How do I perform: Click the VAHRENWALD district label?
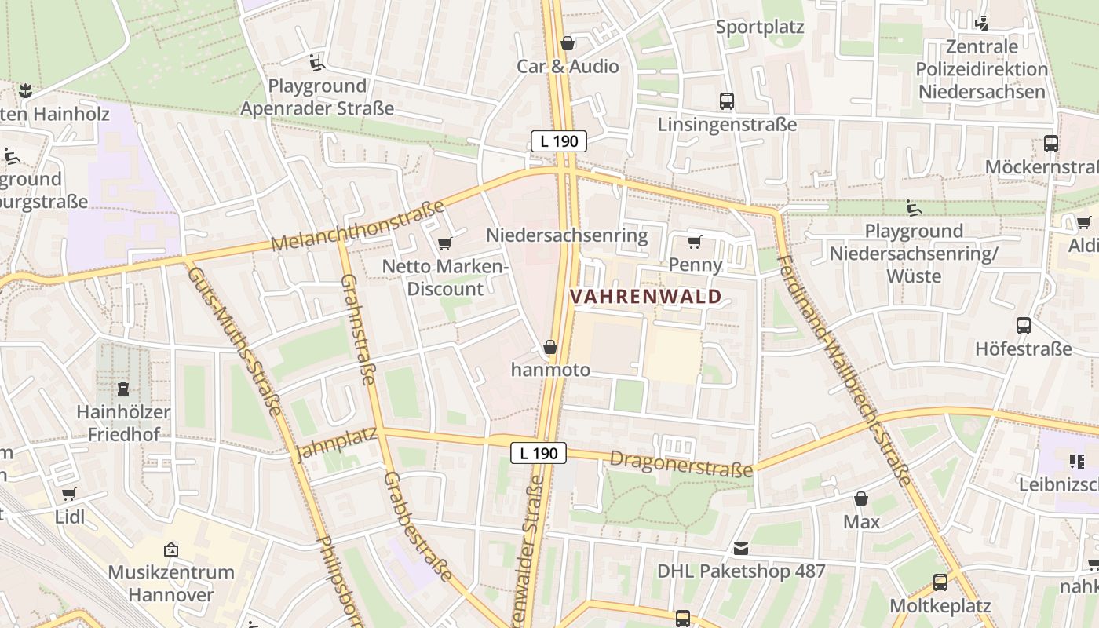click(645, 297)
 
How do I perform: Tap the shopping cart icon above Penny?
click(694, 242)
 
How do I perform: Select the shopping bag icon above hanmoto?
click(550, 347)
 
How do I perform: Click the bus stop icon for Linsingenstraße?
click(727, 101)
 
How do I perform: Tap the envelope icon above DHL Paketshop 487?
click(741, 549)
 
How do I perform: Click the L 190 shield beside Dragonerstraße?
click(539, 453)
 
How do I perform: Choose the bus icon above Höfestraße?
click(1024, 326)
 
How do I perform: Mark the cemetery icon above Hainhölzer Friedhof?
click(123, 388)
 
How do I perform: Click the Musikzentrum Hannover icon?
click(171, 549)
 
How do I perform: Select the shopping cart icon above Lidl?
click(69, 495)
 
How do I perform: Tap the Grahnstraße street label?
click(357, 330)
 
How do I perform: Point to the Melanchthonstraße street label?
click(358, 227)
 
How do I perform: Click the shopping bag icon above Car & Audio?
click(568, 43)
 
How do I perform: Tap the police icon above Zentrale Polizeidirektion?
click(981, 24)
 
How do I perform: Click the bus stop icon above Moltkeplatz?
click(940, 582)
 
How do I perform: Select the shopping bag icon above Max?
click(861, 498)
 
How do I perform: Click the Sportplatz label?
click(760, 27)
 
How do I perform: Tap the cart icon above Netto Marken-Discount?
click(445, 244)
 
